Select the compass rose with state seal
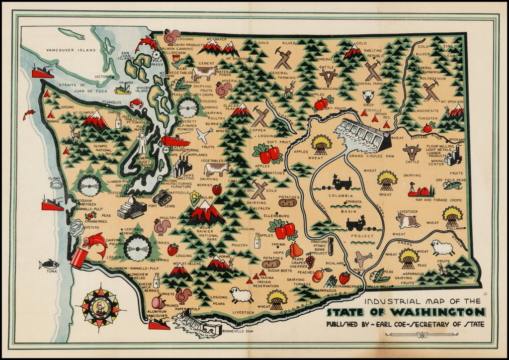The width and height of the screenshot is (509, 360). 100,308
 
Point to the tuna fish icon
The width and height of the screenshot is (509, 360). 49,264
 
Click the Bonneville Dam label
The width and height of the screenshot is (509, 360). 238,331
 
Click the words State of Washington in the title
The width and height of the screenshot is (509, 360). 406,312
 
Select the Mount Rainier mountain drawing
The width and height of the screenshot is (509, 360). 205,213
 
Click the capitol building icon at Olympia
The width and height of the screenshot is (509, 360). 131,207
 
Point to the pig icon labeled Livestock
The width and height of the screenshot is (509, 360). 408,220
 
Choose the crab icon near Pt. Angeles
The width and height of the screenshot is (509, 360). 136,103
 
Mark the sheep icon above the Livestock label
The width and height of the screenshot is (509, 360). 242,295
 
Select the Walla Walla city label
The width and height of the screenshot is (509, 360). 380,286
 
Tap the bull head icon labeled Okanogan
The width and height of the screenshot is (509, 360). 328,77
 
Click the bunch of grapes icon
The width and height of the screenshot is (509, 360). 310,260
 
